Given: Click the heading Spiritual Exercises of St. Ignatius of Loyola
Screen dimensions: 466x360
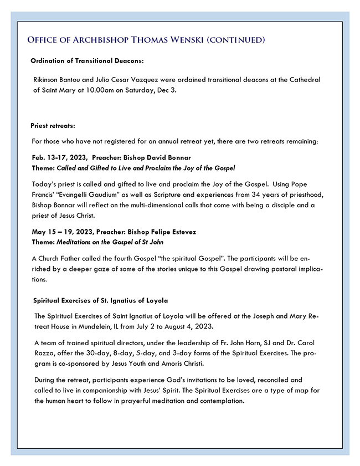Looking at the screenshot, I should pos(100,301).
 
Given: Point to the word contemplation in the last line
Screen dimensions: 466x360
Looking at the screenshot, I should pos(214,401).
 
